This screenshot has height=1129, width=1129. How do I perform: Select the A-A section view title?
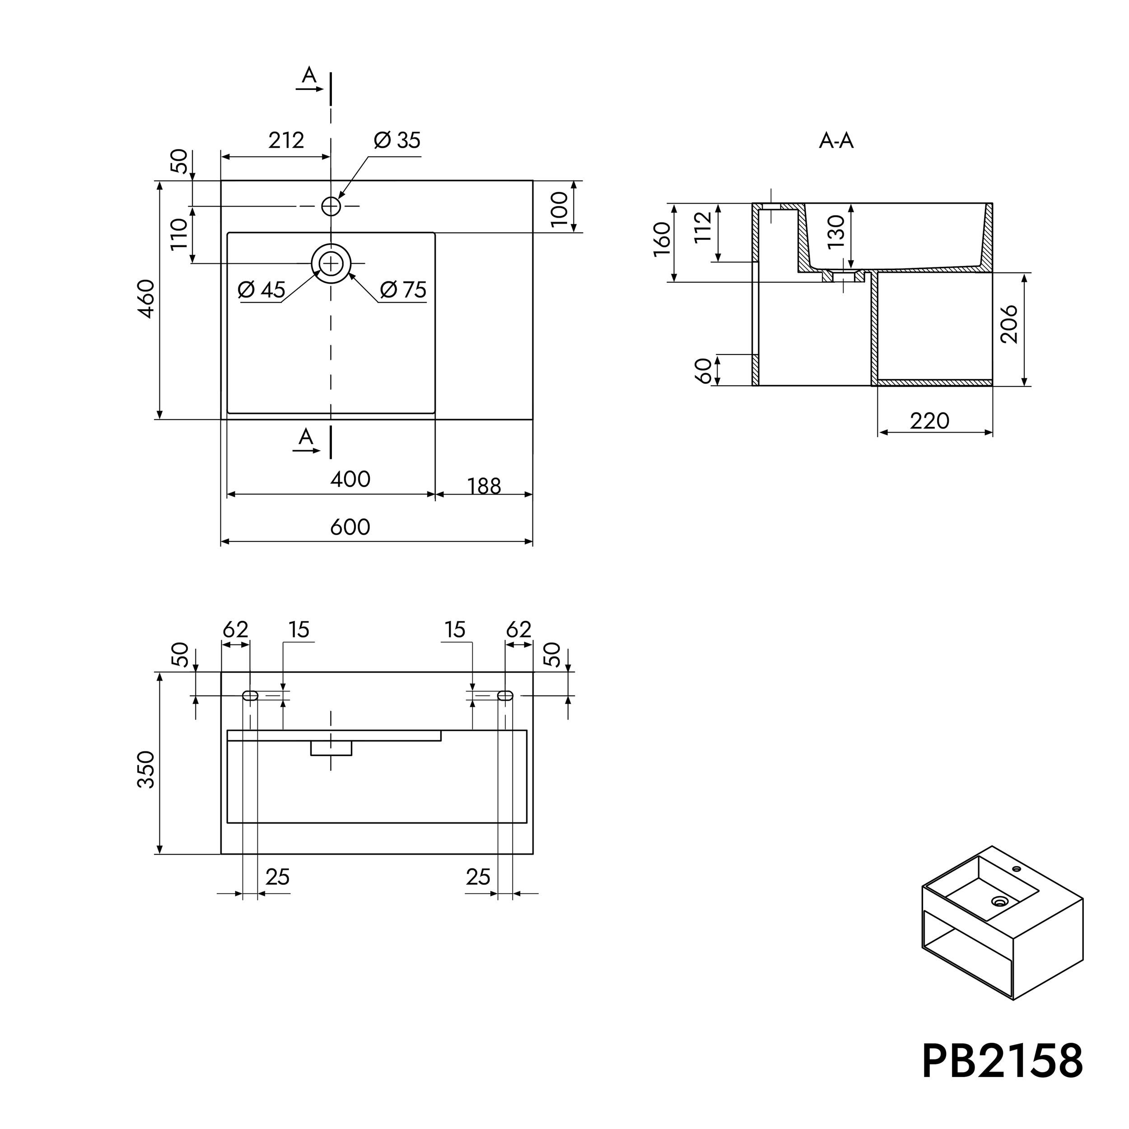pos(836,141)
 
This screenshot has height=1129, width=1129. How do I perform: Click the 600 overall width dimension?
pos(350,527)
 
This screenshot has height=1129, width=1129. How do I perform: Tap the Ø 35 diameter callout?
pos(397,140)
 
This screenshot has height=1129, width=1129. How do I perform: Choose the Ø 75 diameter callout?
pos(403,290)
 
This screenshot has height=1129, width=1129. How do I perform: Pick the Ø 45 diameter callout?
pos(262,290)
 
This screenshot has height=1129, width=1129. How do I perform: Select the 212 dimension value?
pos(286,140)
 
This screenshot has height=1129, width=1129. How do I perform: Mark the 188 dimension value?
pos(485,486)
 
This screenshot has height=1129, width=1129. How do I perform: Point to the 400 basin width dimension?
pos(350,479)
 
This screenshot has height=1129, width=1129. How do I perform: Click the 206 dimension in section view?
pos(1009,324)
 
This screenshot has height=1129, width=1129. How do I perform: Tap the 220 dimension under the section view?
pos(929,421)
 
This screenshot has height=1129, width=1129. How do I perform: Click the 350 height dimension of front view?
pos(146,770)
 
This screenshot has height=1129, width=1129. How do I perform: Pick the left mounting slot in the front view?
pos(250,695)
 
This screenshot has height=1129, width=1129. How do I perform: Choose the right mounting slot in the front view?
pos(505,695)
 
